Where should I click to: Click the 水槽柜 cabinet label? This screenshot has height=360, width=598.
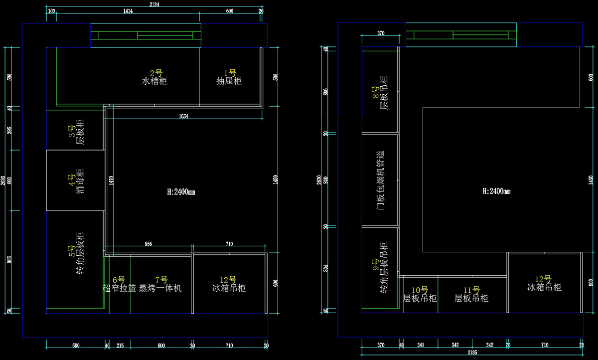click(155, 81)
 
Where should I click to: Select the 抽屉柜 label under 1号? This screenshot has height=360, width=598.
click(229, 81)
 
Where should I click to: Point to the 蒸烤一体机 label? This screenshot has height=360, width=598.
click(160, 288)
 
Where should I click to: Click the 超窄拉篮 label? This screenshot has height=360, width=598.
click(119, 288)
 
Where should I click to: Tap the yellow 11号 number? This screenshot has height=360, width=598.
click(471, 290)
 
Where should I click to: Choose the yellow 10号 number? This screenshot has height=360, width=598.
click(420, 290)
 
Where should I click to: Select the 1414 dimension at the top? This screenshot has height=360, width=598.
click(128, 11)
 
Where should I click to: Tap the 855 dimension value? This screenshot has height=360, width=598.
click(149, 244)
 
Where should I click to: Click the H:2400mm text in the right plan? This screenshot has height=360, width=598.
click(497, 191)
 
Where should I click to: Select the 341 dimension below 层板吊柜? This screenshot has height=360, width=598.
click(421, 345)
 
